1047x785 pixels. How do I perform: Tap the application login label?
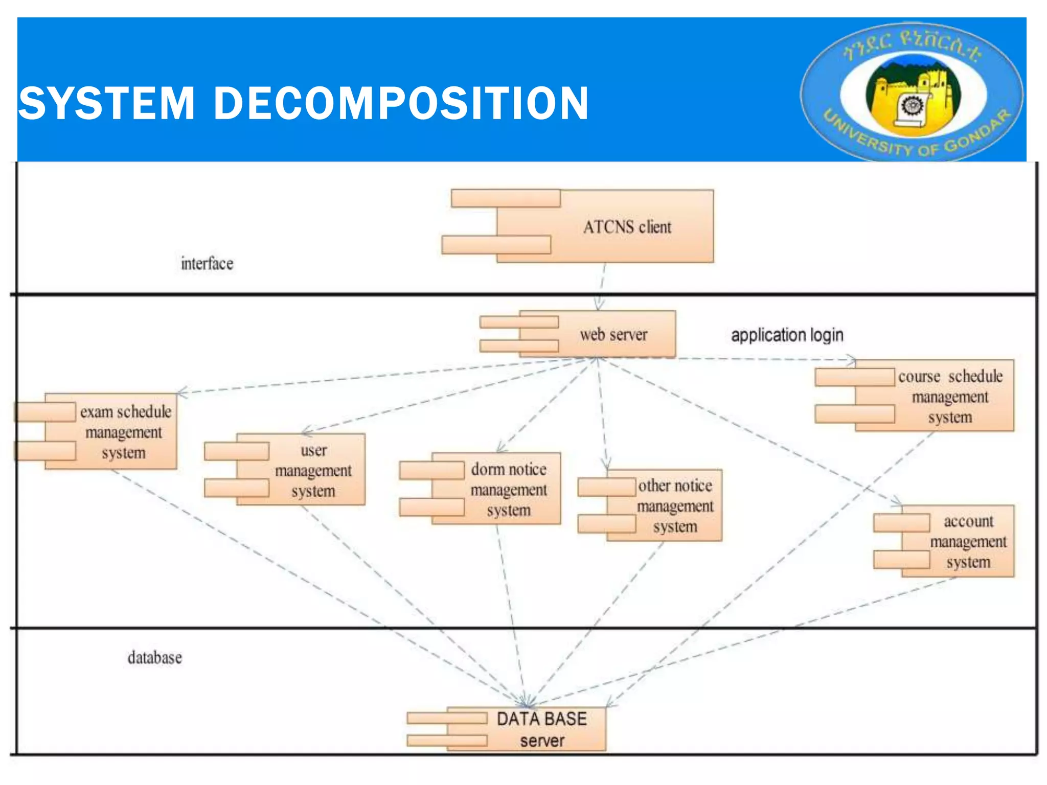[787, 335]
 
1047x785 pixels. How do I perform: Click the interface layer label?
[207, 264]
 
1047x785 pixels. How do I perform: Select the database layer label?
[154, 657]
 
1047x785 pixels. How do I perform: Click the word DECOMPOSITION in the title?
[401, 104]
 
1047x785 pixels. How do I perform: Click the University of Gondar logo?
[912, 91]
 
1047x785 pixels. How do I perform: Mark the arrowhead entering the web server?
[599, 306]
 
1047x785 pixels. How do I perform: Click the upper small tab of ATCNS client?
[506, 198]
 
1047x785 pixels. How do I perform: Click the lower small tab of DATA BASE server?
[447, 740]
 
